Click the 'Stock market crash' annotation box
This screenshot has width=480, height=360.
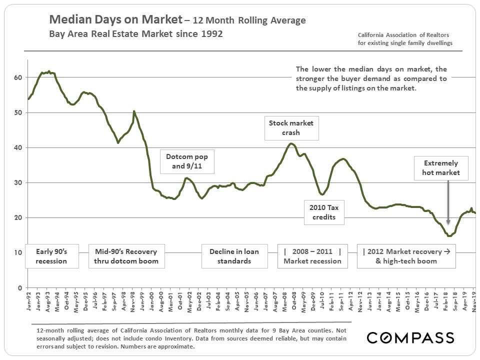tap(291, 127)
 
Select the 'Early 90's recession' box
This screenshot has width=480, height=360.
tap(51, 256)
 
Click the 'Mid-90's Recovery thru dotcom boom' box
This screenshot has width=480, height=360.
tap(123, 256)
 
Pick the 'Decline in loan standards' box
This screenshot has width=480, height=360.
tap(234, 256)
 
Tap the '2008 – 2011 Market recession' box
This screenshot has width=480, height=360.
tap(312, 256)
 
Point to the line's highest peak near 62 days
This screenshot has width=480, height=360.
tap(48, 71)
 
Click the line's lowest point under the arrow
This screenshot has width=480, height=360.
tap(449, 235)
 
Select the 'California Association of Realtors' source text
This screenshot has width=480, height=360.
tap(403, 35)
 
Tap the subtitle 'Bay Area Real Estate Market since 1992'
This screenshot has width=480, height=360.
tap(135, 34)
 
